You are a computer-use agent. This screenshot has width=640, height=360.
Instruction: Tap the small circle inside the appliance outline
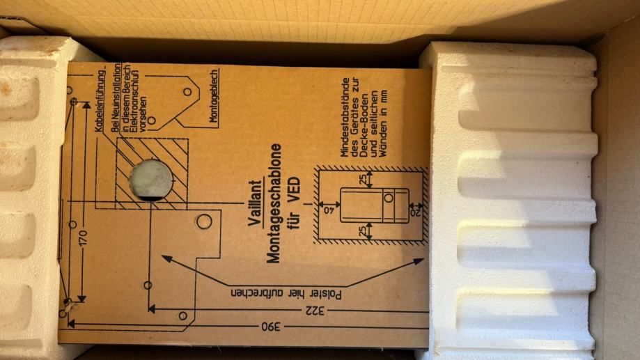(389, 198)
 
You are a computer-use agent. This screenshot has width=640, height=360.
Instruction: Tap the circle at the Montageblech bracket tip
(187, 91)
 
